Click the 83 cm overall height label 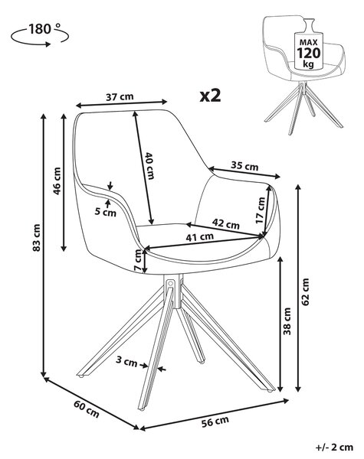pyautogui.click(x=37, y=237)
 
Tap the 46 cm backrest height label pyautogui.click(x=57, y=181)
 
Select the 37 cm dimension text pyautogui.click(x=120, y=96)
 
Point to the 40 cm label pyautogui.click(x=150, y=166)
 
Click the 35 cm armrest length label pyautogui.click(x=244, y=166)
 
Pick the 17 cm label pyautogui.click(x=260, y=210)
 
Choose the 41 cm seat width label pyautogui.click(x=200, y=237)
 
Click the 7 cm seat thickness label pyautogui.click(x=138, y=261)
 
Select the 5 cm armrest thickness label pyautogui.click(x=106, y=211)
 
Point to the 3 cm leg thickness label pyautogui.click(x=126, y=361)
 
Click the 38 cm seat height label pyautogui.click(x=287, y=321)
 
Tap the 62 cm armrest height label pyautogui.click(x=305, y=292)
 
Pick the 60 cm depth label pyautogui.click(x=87, y=409)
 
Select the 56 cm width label pyautogui.click(x=215, y=422)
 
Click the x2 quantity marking pyautogui.click(x=210, y=96)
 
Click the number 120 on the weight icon pyautogui.click(x=309, y=54)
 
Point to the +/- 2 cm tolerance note pyautogui.click(x=335, y=447)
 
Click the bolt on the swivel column pyautogui.click(x=170, y=283)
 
